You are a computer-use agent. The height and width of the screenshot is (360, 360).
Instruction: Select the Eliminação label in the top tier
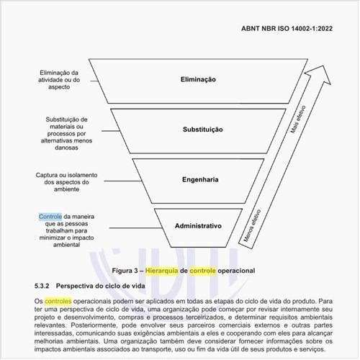(198, 80)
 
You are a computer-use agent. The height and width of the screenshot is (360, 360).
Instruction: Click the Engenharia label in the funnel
(198, 178)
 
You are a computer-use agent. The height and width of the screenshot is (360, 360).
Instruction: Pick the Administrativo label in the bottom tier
(198, 226)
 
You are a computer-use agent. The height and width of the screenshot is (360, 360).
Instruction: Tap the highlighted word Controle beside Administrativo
(50, 217)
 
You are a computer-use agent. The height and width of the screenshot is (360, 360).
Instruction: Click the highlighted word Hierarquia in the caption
(165, 270)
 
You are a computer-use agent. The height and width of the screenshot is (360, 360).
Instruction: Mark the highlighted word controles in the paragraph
(58, 300)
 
